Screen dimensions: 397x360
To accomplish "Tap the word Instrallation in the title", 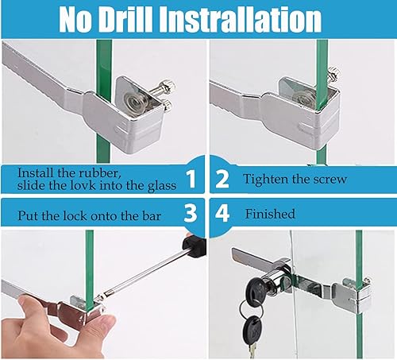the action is [241, 19].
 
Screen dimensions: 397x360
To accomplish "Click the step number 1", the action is [191, 179].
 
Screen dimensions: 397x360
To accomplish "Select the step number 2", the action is [222, 179].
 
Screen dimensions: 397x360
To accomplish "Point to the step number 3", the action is [191, 213].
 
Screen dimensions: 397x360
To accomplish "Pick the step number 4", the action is [222, 213].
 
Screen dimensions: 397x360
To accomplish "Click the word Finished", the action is [270, 214].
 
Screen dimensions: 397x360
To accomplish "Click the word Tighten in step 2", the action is [265, 180].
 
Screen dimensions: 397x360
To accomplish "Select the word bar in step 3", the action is [152, 215].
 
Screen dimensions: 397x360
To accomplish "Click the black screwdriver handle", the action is [195, 246].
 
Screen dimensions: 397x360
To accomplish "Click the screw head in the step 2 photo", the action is [333, 73].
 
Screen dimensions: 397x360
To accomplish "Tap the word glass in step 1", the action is [162, 186].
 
